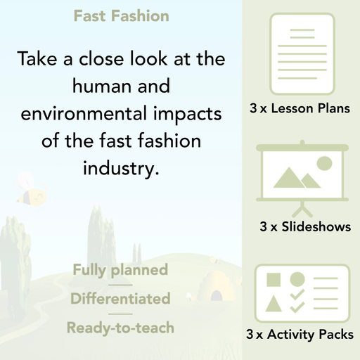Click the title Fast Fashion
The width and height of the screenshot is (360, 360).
coord(120,15)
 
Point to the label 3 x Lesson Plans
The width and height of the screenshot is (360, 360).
coord(300,109)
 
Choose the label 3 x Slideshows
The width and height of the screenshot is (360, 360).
coord(304,227)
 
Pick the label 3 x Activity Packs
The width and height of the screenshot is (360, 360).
coord(300,335)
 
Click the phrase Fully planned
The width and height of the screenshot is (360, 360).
coord(120,269)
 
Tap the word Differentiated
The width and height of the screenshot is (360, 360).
coord(120,298)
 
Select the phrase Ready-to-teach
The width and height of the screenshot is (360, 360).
coord(120,327)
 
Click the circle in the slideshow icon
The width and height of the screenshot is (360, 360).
coord(324,164)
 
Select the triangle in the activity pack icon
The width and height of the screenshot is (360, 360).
coord(273,304)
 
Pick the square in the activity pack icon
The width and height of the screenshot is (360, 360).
coord(273,279)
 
